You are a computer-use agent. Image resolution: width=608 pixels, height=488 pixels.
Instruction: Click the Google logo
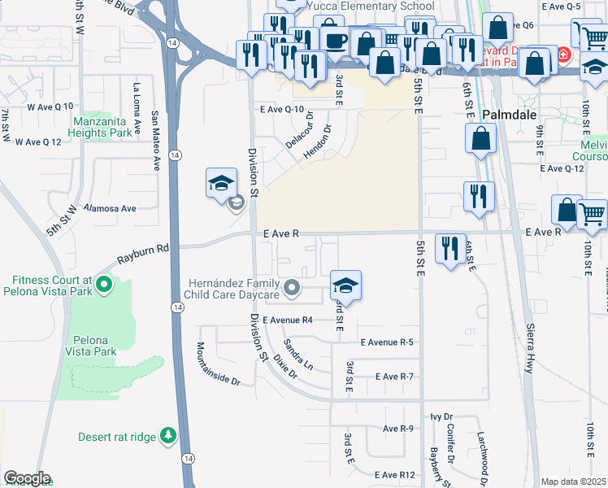pos(27,478)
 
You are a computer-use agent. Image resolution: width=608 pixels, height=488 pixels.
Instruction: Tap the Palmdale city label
pos(510,115)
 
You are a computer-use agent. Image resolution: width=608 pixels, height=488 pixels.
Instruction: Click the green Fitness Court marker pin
pos(103,285)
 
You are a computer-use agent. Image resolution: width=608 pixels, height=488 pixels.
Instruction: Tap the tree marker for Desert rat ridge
pos(168,436)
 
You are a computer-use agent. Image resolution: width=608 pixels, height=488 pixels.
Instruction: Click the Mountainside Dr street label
pos(218,364)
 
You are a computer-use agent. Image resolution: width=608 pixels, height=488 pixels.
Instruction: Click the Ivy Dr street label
pos(441,416)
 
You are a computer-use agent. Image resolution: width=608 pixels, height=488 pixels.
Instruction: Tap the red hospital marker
pos(563,56)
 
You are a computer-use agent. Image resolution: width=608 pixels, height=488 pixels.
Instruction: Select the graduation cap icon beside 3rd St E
pos(346,285)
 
